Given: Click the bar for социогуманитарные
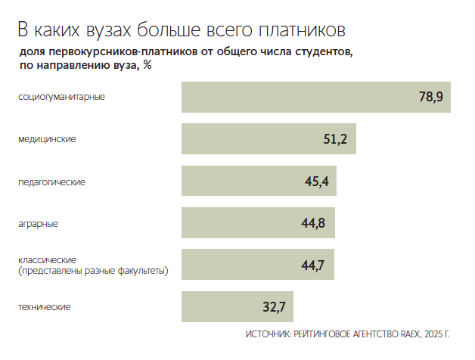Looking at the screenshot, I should (x=315, y=98).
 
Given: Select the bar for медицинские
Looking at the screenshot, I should (x=269, y=140).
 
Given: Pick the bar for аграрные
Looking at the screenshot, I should (x=258, y=223).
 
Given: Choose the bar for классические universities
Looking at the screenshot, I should (x=257, y=265).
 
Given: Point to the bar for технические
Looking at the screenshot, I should (x=237, y=307).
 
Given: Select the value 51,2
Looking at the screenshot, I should (x=335, y=140).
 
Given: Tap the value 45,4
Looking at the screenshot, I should (x=315, y=182).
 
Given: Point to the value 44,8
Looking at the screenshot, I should (x=313, y=223).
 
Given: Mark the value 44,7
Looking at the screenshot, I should (x=312, y=265).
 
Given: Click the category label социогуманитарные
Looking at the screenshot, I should (x=61, y=97).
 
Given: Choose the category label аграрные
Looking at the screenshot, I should (x=38, y=223).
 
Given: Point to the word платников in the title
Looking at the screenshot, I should (x=303, y=30).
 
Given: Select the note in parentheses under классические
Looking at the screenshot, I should (x=92, y=270).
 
